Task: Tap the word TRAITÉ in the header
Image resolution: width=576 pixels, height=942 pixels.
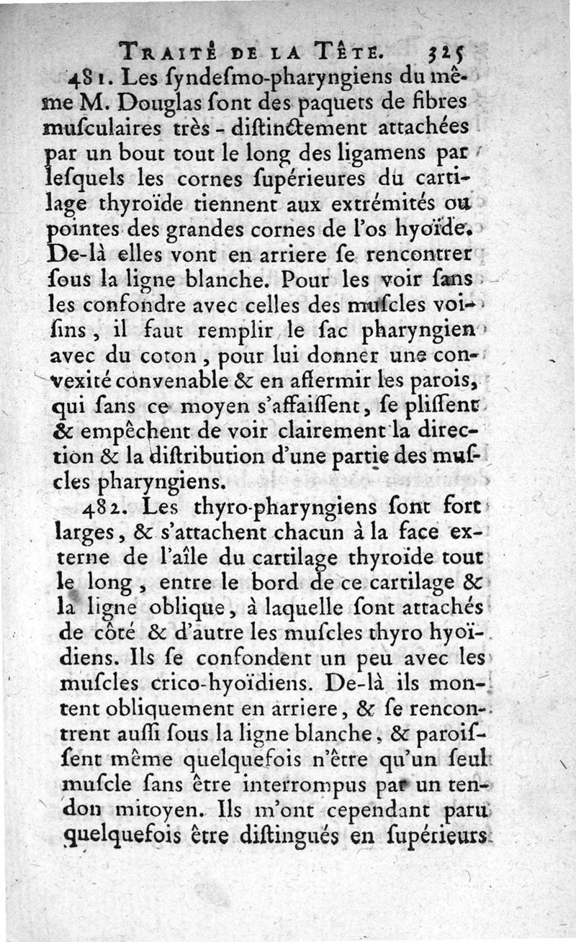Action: (165, 51)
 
